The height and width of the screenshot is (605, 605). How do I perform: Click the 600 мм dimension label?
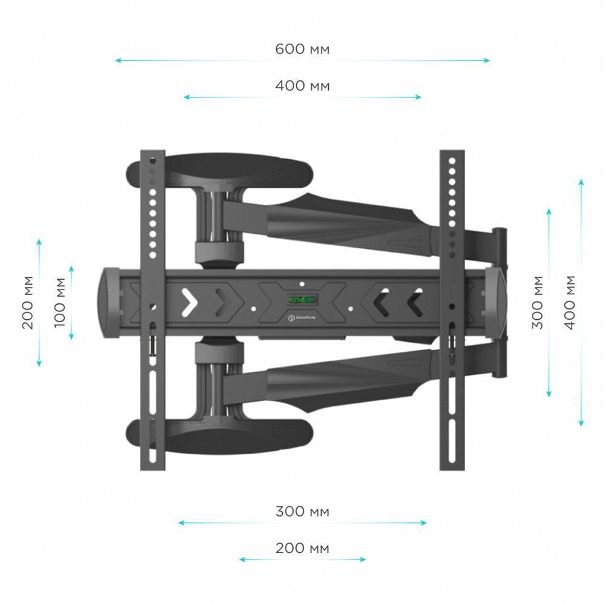tap(303, 49)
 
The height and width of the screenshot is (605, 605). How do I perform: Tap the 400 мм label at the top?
tap(303, 85)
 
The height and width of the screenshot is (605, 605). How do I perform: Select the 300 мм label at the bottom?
tap(303, 511)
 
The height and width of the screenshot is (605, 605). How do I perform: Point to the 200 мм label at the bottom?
tap(303, 548)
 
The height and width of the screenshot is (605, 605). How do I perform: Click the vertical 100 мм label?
tap(60, 303)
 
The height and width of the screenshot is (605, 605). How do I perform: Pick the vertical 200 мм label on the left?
tap(28, 303)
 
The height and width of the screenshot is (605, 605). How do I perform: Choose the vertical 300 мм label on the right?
tap(537, 303)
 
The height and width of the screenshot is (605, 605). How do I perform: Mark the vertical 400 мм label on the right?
tap(569, 303)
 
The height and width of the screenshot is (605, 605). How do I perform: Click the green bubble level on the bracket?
tap(302, 299)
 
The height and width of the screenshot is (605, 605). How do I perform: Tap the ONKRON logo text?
tap(305, 317)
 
